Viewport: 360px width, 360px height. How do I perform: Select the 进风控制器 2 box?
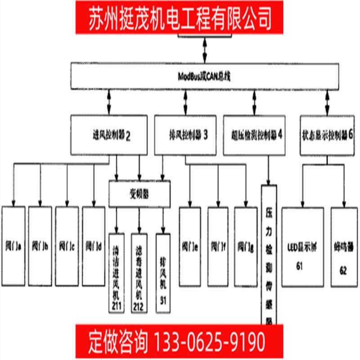109,135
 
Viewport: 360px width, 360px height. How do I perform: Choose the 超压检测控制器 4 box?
255,135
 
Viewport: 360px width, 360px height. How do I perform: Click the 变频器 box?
139,194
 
